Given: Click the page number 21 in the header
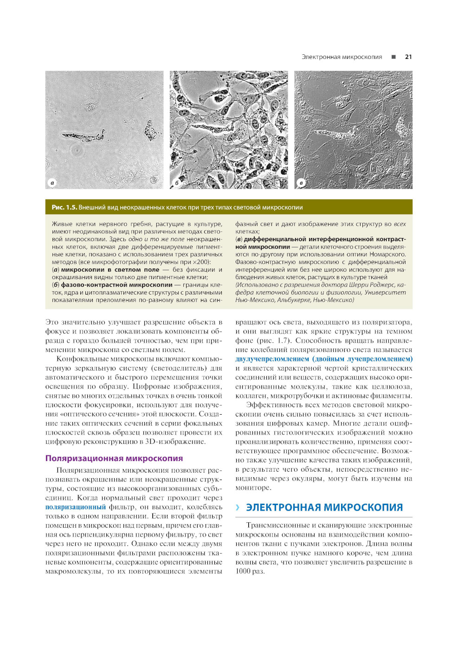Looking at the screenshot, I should click(408, 57).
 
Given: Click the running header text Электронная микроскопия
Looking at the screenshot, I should click(342, 57).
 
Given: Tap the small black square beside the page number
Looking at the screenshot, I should click(393, 57).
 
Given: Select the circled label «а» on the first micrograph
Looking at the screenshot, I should click(52, 183).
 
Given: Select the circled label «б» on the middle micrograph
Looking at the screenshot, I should click(177, 183).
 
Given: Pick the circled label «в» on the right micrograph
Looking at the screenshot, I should click(301, 183).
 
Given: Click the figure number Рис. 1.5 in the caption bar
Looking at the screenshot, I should click(64, 207).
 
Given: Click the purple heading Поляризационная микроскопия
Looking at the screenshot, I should click(114, 458).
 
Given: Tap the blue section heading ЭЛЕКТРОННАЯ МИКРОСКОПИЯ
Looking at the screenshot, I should click(324, 507).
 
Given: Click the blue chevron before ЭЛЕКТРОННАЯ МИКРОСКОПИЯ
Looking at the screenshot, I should click(238, 507).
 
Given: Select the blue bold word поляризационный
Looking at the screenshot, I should click(76, 507).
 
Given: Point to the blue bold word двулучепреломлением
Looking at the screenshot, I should click(272, 359).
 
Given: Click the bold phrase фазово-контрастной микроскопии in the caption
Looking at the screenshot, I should click(116, 285).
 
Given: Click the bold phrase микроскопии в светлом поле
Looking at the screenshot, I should click(110, 269).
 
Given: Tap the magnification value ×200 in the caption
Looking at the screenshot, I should click(200, 262).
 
